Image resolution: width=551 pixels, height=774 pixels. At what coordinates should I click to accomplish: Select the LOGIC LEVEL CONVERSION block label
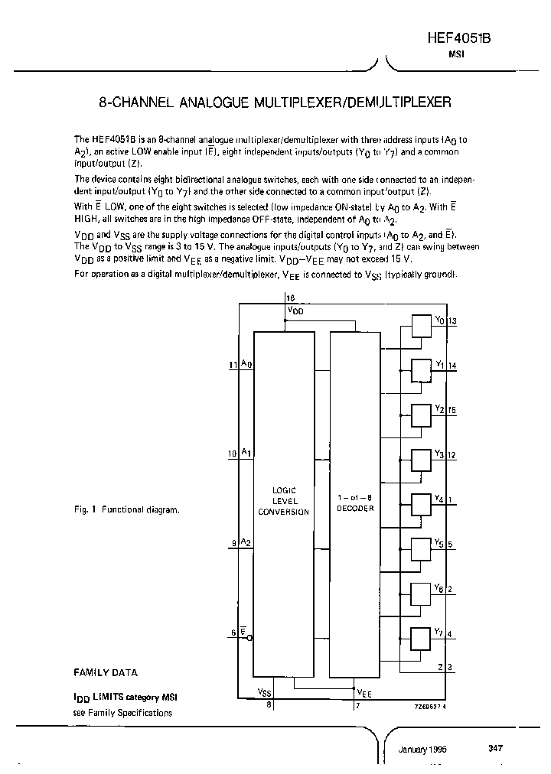(x=283, y=501)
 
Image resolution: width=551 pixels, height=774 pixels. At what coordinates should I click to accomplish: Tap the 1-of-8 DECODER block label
(x=355, y=502)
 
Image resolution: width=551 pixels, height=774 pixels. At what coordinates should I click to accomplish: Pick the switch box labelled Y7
(x=421, y=638)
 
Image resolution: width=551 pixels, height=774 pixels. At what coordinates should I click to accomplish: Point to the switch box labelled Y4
(x=421, y=504)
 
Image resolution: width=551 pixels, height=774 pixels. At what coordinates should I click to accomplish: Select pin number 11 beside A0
(x=233, y=366)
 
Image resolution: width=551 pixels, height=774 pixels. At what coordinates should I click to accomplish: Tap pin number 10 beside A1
(x=233, y=454)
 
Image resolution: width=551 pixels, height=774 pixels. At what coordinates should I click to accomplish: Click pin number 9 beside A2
(x=233, y=544)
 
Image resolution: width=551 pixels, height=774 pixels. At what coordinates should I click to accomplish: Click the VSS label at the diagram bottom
(x=264, y=692)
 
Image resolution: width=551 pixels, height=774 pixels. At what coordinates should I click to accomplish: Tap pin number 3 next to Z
(x=450, y=667)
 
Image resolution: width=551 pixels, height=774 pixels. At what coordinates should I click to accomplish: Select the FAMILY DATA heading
(x=106, y=673)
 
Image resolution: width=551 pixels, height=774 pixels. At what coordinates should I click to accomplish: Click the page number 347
(x=495, y=748)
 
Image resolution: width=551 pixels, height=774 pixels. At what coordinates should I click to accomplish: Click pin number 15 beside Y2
(x=452, y=410)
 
